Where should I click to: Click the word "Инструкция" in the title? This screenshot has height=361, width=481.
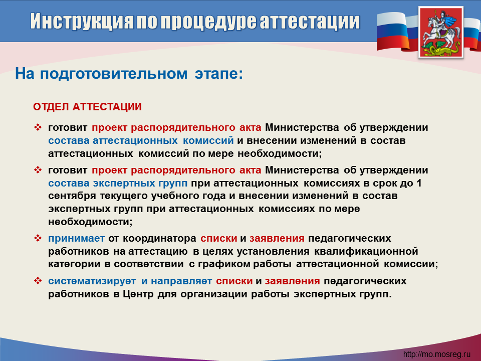pyautogui.click(x=82, y=22)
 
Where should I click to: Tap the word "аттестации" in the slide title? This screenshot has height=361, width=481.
pyautogui.click(x=310, y=22)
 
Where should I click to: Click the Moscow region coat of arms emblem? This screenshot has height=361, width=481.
pyautogui.click(x=441, y=32)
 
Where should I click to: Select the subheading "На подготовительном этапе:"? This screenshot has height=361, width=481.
pyautogui.click(x=129, y=74)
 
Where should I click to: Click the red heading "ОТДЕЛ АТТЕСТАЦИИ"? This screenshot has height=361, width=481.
pyautogui.click(x=87, y=107)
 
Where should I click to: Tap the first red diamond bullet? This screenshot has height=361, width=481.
pyautogui.click(x=38, y=127)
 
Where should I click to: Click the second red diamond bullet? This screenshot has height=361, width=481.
pyautogui.click(x=38, y=170)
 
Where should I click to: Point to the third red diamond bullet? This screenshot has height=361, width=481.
pyautogui.click(x=38, y=238)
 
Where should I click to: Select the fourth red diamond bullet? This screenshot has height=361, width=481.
pyautogui.click(x=38, y=281)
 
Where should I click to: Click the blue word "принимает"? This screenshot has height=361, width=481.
pyautogui.click(x=76, y=239)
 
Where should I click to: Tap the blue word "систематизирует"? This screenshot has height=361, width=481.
pyautogui.click(x=92, y=281)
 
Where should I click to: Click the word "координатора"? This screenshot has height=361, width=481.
pyautogui.click(x=159, y=239)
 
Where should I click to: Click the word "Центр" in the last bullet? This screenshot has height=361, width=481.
pyautogui.click(x=138, y=294)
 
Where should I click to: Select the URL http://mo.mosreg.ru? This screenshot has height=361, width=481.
pyautogui.click(x=436, y=354)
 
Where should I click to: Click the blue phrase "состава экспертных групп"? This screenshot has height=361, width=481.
pyautogui.click(x=118, y=184)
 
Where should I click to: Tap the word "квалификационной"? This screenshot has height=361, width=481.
pyautogui.click(x=366, y=251)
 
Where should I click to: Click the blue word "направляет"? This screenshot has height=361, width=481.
pyautogui.click(x=181, y=281)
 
